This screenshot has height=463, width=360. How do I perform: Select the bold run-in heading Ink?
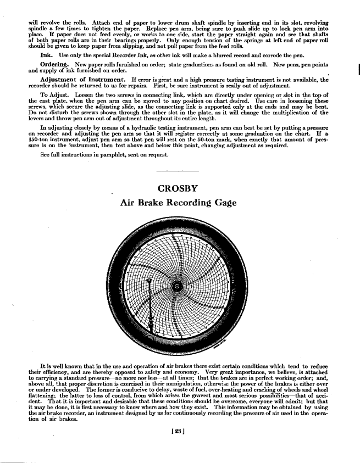pyautogui.click(x=46, y=55)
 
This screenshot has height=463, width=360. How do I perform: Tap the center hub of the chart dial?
pyautogui.click(x=177, y=287)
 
